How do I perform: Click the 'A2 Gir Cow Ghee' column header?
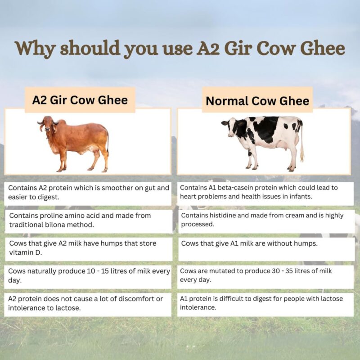[80, 100]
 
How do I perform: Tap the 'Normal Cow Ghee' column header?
[257, 101]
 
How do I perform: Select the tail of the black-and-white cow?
[301, 144]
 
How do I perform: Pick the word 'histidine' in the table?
[226, 216]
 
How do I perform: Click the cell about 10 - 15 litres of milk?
[88, 275]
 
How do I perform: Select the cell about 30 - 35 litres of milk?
[265, 275]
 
